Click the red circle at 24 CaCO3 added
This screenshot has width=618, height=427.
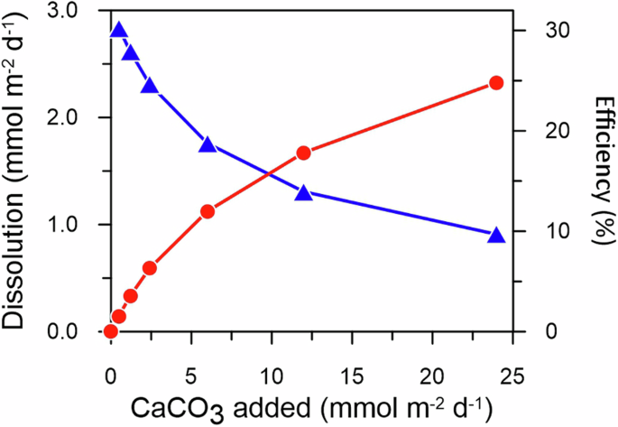click(495, 83)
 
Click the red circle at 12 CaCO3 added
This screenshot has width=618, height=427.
click(303, 153)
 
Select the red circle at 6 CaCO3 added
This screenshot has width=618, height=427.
click(208, 211)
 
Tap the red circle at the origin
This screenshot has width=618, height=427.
click(111, 331)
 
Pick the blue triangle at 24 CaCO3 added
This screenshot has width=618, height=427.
click(495, 235)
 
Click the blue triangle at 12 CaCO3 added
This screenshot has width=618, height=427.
click(303, 192)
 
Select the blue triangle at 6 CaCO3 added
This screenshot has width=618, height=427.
click(208, 144)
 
